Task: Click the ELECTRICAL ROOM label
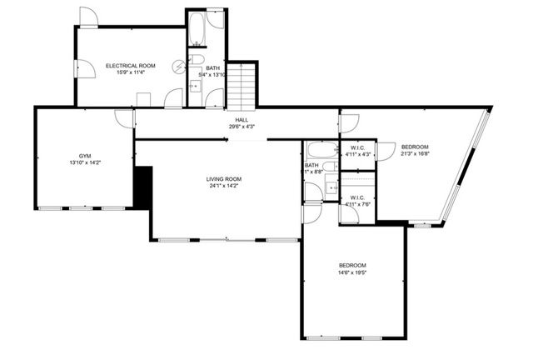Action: pyautogui.click(x=130, y=65)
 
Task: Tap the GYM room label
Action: pyautogui.click(x=85, y=156)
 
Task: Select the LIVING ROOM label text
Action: pyautogui.click(x=223, y=179)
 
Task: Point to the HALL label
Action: pyautogui.click(x=242, y=120)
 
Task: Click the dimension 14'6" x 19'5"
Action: pyautogui.click(x=352, y=272)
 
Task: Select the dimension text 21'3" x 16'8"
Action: pyautogui.click(x=415, y=153)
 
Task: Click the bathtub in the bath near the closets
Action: pyautogui.click(x=321, y=151)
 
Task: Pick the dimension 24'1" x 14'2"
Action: pyautogui.click(x=223, y=186)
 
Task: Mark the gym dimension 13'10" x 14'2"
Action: pyautogui.click(x=85, y=163)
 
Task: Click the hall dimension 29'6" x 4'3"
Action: pyautogui.click(x=242, y=127)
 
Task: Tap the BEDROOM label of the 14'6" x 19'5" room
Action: pyautogui.click(x=352, y=265)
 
